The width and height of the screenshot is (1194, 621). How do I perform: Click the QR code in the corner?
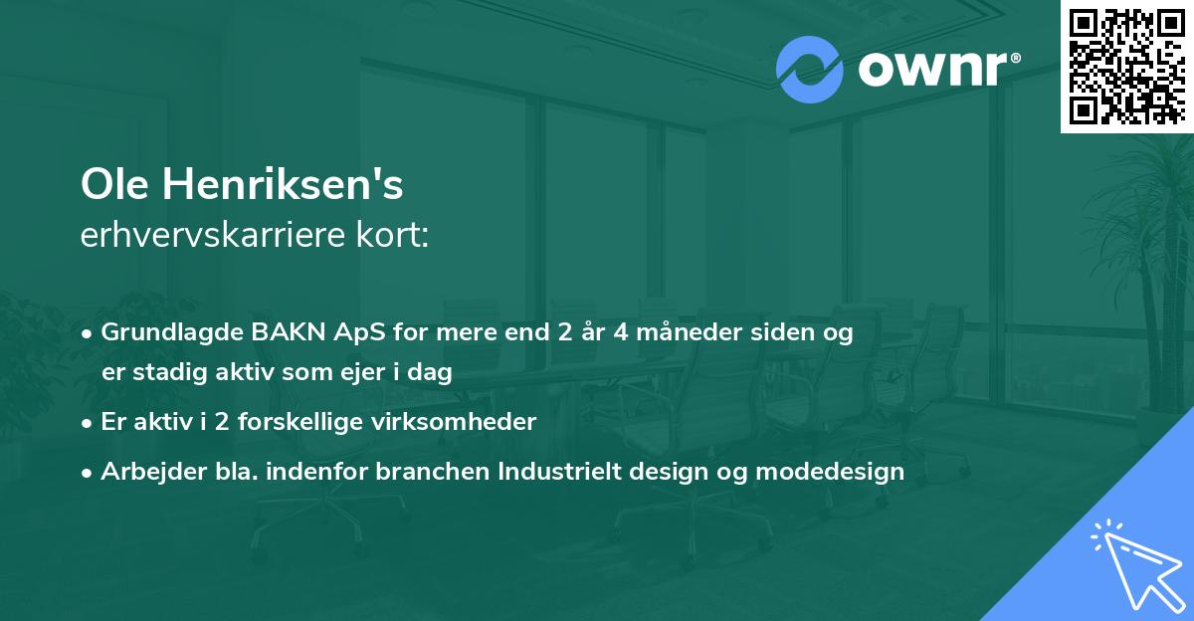click(1126, 66)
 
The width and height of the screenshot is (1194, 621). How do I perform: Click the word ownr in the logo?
click(933, 70)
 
